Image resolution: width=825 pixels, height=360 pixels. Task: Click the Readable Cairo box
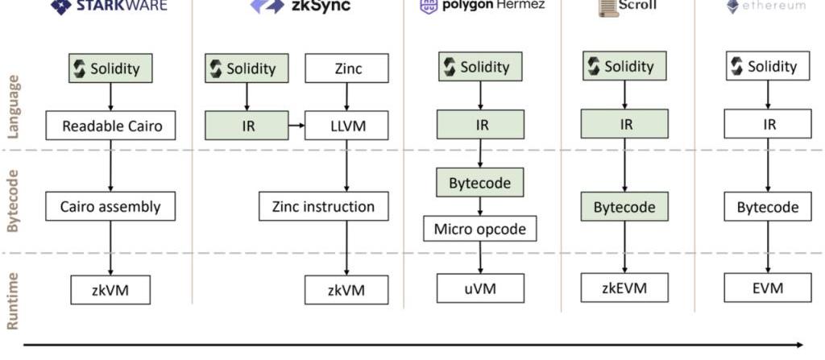[x=110, y=126]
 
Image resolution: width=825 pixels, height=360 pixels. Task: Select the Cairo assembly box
[x=110, y=206]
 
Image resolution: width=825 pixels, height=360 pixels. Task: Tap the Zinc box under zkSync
[x=346, y=68]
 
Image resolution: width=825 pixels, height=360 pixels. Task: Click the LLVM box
[x=346, y=126]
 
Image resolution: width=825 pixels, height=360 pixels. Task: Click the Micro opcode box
[x=479, y=229]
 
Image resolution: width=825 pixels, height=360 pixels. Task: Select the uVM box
[x=480, y=288]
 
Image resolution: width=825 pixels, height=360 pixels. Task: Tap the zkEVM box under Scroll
[x=624, y=287]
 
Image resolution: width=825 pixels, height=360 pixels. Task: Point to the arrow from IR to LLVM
[x=296, y=126]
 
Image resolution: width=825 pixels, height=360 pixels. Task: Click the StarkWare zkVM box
[x=110, y=290]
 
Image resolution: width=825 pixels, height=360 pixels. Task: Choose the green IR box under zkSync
[x=247, y=126]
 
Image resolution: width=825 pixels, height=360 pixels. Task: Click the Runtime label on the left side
[x=14, y=300]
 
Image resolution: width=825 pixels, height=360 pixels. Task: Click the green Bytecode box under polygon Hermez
[x=480, y=183]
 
